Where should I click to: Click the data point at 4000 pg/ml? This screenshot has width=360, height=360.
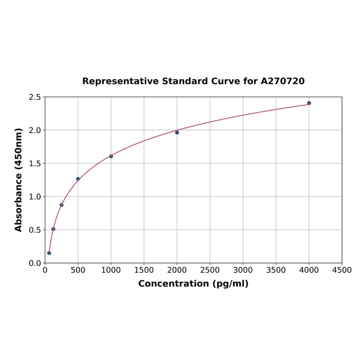[309, 103]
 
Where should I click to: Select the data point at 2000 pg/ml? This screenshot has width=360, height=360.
[177, 132]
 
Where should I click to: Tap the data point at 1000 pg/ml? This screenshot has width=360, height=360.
[111, 156]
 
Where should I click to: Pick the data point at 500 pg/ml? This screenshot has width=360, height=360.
[78, 179]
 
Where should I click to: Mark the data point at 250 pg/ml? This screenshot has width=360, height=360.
[62, 205]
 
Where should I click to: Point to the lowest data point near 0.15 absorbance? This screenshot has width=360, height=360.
[49, 253]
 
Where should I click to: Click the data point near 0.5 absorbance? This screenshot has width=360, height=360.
[53, 229]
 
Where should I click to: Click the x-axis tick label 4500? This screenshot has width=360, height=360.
[342, 270]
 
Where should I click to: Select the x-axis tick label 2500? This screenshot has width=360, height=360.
[210, 270]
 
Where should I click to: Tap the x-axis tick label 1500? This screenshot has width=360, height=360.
[144, 270]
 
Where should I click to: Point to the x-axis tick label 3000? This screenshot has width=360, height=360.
[243, 270]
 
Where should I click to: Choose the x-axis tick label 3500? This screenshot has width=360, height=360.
[276, 270]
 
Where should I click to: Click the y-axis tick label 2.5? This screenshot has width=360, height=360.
[35, 97]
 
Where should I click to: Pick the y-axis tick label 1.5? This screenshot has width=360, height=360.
[35, 164]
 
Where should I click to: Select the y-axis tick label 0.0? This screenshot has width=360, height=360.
[35, 263]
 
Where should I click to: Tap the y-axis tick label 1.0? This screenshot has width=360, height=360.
[35, 196]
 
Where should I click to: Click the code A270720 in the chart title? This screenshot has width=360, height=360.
[283, 82]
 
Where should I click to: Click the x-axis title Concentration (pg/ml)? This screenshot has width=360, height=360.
[193, 284]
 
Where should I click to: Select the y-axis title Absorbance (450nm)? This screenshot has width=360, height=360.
[19, 180]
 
